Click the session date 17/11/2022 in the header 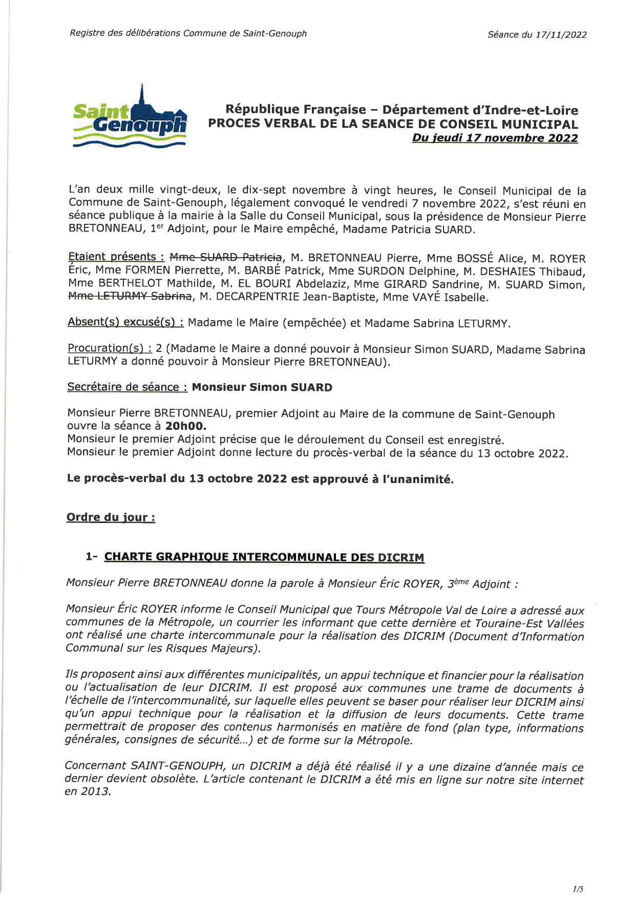pyautogui.click(x=561, y=35)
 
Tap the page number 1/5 pyautogui.click(x=578, y=889)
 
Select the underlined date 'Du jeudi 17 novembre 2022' pyautogui.click(x=495, y=138)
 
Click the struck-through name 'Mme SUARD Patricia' pyautogui.click(x=225, y=257)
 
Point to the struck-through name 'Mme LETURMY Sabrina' pyautogui.click(x=130, y=296)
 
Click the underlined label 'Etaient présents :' pyautogui.click(x=116, y=257)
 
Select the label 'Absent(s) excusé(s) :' pyautogui.click(x=126, y=322)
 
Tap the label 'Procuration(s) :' pyautogui.click(x=110, y=348)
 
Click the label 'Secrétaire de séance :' pyautogui.click(x=127, y=387)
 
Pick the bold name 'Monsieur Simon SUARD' pyautogui.click(x=262, y=387)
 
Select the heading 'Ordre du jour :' pyautogui.click(x=111, y=517)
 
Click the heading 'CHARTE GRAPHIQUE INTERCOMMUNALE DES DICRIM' pyautogui.click(x=264, y=557)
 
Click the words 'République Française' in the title pyautogui.click(x=296, y=110)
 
